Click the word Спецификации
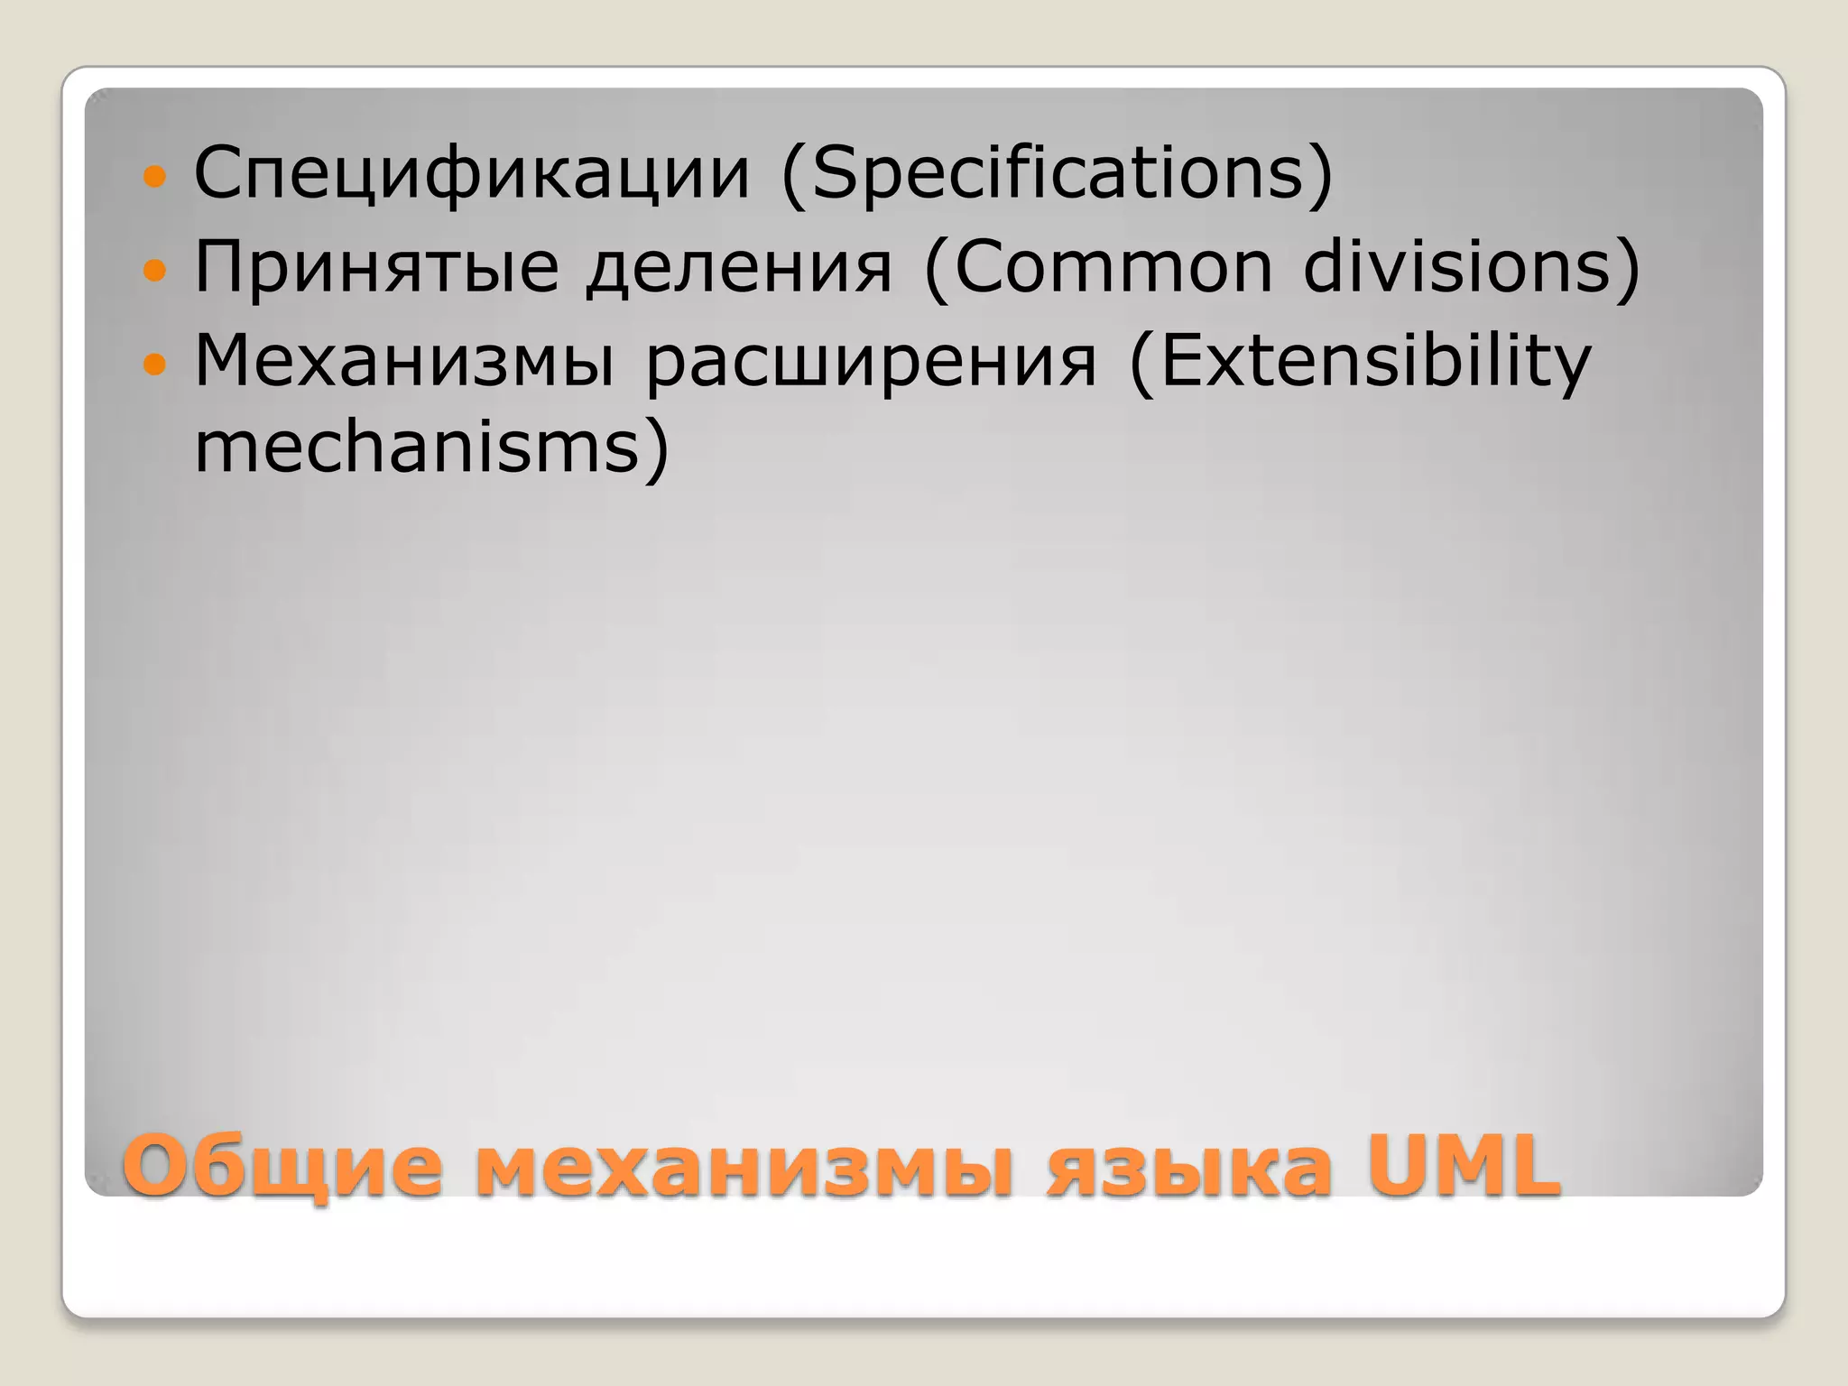[472, 173]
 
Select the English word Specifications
[1058, 173]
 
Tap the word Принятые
[376, 267]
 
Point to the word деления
[739, 267]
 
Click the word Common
[1113, 267]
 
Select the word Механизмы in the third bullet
[404, 361]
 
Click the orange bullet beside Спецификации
[155, 175]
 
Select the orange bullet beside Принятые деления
[155, 269]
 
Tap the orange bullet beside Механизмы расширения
[155, 364]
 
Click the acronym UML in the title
[1464, 1166]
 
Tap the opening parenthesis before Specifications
[793, 175]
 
